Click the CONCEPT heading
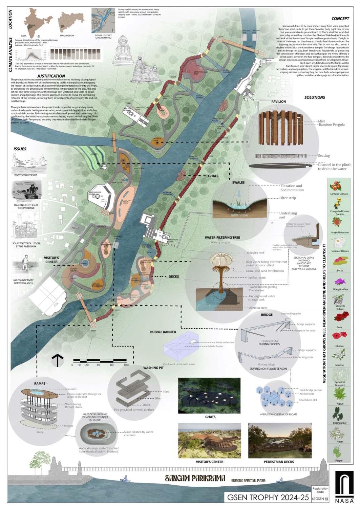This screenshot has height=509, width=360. coord(340,19)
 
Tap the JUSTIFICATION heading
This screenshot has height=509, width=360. coord(51,76)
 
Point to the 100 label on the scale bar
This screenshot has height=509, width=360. coord(126,365)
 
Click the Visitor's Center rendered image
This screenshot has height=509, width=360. coord(210,440)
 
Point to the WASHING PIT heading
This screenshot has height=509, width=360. coord(153,368)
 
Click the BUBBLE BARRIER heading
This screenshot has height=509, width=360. coord(163,332)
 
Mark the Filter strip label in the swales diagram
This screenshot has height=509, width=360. coord(288,198)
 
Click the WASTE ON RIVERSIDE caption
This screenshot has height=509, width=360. coord(26,175)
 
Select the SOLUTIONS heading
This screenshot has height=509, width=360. coord(315,97)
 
